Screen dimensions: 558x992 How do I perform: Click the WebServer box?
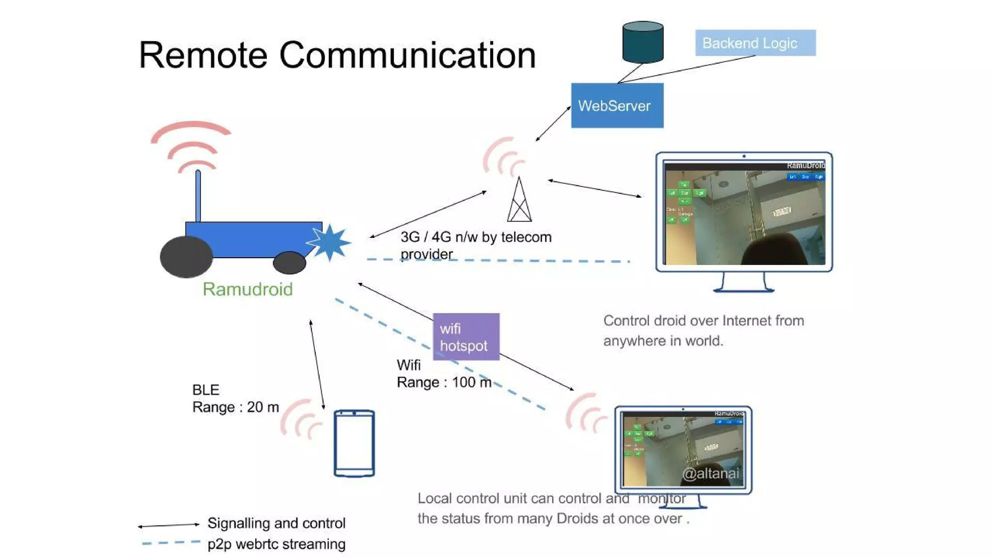(x=617, y=106)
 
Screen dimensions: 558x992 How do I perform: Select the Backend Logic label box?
(x=755, y=43)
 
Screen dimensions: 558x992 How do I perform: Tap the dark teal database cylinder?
(x=643, y=42)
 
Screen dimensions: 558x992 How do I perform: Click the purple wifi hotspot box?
(x=466, y=337)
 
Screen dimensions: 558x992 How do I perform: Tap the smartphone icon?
(x=354, y=443)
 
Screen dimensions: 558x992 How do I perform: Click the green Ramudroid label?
(x=248, y=289)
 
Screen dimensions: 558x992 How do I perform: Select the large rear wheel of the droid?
(x=186, y=257)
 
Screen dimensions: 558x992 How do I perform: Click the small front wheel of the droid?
(x=290, y=263)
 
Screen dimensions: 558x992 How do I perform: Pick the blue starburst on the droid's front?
(x=329, y=242)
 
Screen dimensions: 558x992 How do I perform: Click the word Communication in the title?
(x=407, y=55)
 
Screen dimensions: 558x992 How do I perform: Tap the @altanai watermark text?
(x=711, y=473)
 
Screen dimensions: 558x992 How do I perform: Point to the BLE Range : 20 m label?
(x=235, y=399)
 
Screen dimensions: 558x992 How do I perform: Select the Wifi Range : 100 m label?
(x=444, y=374)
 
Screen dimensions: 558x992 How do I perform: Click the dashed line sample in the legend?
(x=171, y=542)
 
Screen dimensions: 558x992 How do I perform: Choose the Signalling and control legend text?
(x=277, y=523)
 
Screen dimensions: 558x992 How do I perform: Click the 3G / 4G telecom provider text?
(x=476, y=245)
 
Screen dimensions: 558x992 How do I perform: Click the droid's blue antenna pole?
(x=198, y=196)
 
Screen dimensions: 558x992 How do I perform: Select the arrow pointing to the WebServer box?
(x=553, y=124)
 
